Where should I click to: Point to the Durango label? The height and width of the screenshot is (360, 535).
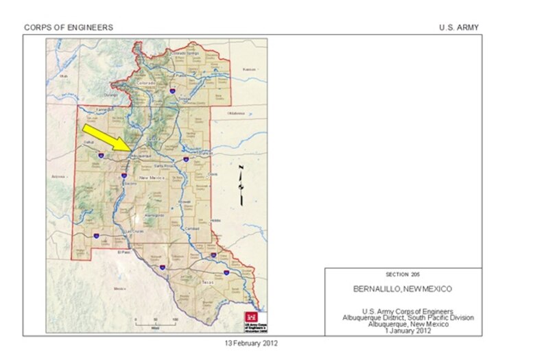[x=111, y=95]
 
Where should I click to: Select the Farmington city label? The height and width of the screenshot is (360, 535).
[x=104, y=109]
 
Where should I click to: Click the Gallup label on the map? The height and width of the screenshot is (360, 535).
[x=88, y=143]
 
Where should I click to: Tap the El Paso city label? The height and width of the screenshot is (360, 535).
[x=123, y=252]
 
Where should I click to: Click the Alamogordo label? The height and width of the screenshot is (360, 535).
[x=155, y=215]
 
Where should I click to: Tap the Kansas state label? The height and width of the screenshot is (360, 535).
[x=249, y=69]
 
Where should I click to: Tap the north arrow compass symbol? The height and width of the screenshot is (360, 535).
[x=241, y=183]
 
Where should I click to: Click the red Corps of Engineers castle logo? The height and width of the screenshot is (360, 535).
[x=248, y=317]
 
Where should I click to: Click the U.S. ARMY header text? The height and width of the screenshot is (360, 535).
[x=459, y=27]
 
